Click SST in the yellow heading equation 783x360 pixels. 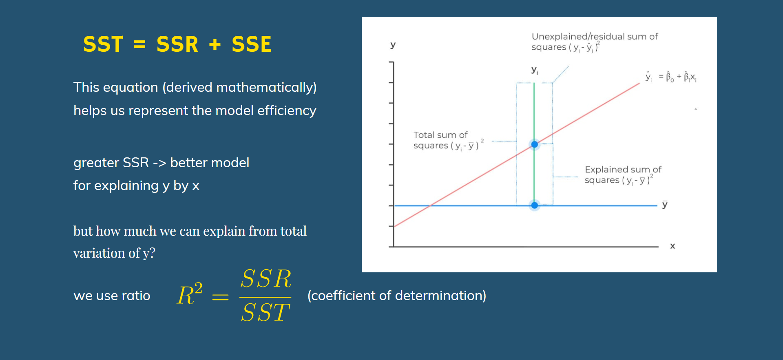[103, 44]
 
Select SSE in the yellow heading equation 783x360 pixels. [252, 44]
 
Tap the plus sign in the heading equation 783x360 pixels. [215, 44]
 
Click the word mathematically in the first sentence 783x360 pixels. [266, 87]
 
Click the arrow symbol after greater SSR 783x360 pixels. [159, 163]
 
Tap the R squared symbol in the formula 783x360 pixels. [190, 294]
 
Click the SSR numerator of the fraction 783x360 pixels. [266, 279]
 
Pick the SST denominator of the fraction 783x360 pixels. [265, 313]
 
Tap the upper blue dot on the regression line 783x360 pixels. [534, 144]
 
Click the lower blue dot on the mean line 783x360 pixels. [534, 205]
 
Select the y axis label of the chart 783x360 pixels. [393, 45]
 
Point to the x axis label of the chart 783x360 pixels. [672, 246]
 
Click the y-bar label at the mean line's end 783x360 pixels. [665, 204]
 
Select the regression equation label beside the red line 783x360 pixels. [671, 77]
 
